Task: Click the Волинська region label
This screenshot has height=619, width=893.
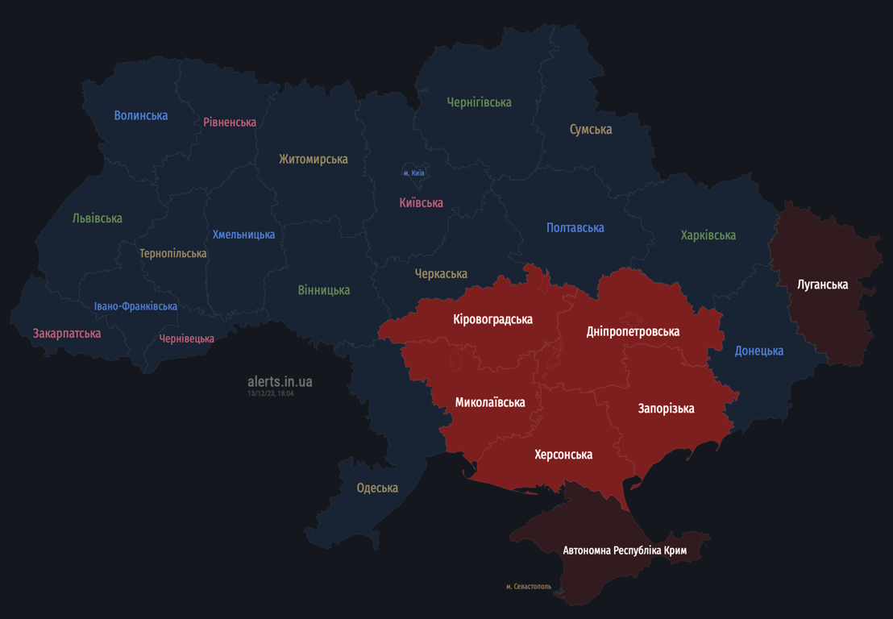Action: pos(141,115)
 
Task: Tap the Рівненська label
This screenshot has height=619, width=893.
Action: pos(230,123)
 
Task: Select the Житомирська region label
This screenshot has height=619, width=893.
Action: pos(314,159)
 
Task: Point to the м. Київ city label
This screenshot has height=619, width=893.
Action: pos(414,173)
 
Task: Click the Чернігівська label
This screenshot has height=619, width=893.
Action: pos(480,102)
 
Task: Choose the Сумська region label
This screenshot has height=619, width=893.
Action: pos(591,129)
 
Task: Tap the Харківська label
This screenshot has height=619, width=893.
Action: pos(708,235)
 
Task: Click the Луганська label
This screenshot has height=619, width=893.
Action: pos(822,284)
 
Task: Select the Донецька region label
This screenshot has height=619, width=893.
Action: pos(758,351)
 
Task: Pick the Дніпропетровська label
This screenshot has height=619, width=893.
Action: pos(633,331)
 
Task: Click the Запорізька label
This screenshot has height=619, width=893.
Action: pos(666,409)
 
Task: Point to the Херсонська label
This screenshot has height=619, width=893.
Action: pos(563,455)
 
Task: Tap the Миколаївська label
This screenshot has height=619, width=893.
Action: pos(490,402)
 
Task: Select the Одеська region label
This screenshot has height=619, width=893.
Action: pos(377,488)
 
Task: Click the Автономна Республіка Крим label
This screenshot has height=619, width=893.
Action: pos(625,550)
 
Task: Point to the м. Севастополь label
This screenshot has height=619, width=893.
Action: pos(529,587)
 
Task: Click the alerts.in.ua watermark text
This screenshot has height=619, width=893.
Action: pos(280,381)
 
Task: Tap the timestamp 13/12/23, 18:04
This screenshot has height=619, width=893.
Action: pos(271,393)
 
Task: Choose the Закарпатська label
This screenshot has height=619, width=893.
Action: pos(67,333)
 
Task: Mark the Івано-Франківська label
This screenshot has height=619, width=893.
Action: pos(135,306)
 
